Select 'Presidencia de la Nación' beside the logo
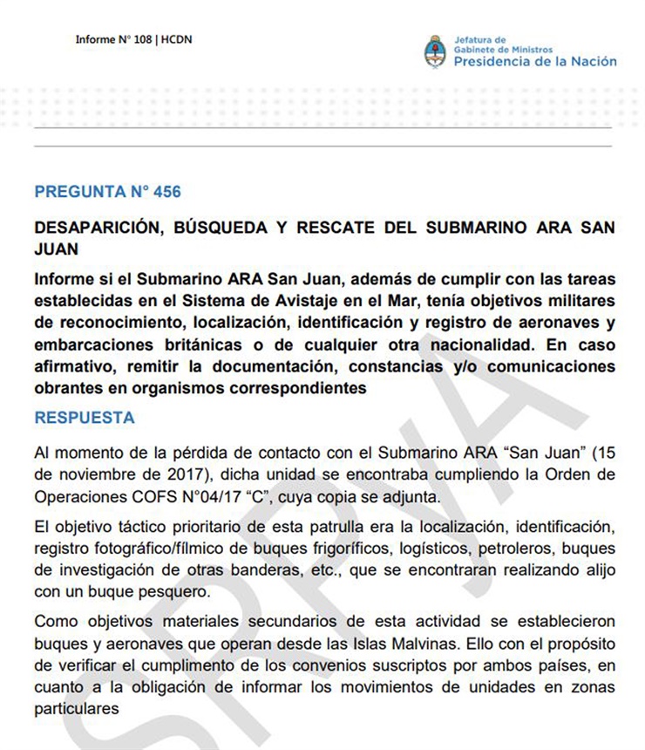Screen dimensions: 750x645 (x=534, y=61)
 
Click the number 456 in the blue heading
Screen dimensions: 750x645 (x=166, y=191)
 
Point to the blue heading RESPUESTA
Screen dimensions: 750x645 (x=85, y=418)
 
